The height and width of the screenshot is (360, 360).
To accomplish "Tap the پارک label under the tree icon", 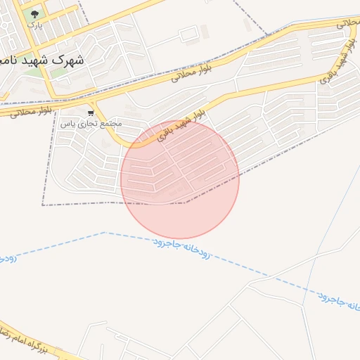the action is pyautogui.click(x=34, y=25).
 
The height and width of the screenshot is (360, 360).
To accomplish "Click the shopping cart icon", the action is pyautogui.click(x=91, y=112).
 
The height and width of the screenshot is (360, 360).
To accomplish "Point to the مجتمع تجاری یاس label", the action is pyautogui.click(x=91, y=123).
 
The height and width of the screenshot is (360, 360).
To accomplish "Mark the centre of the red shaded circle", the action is pyautogui.click(x=180, y=179).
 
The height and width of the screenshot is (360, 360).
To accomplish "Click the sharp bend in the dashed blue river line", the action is pyautogui.click(x=104, y=232).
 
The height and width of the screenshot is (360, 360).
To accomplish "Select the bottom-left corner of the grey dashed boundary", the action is pyautogui.click(x=43, y=205).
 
